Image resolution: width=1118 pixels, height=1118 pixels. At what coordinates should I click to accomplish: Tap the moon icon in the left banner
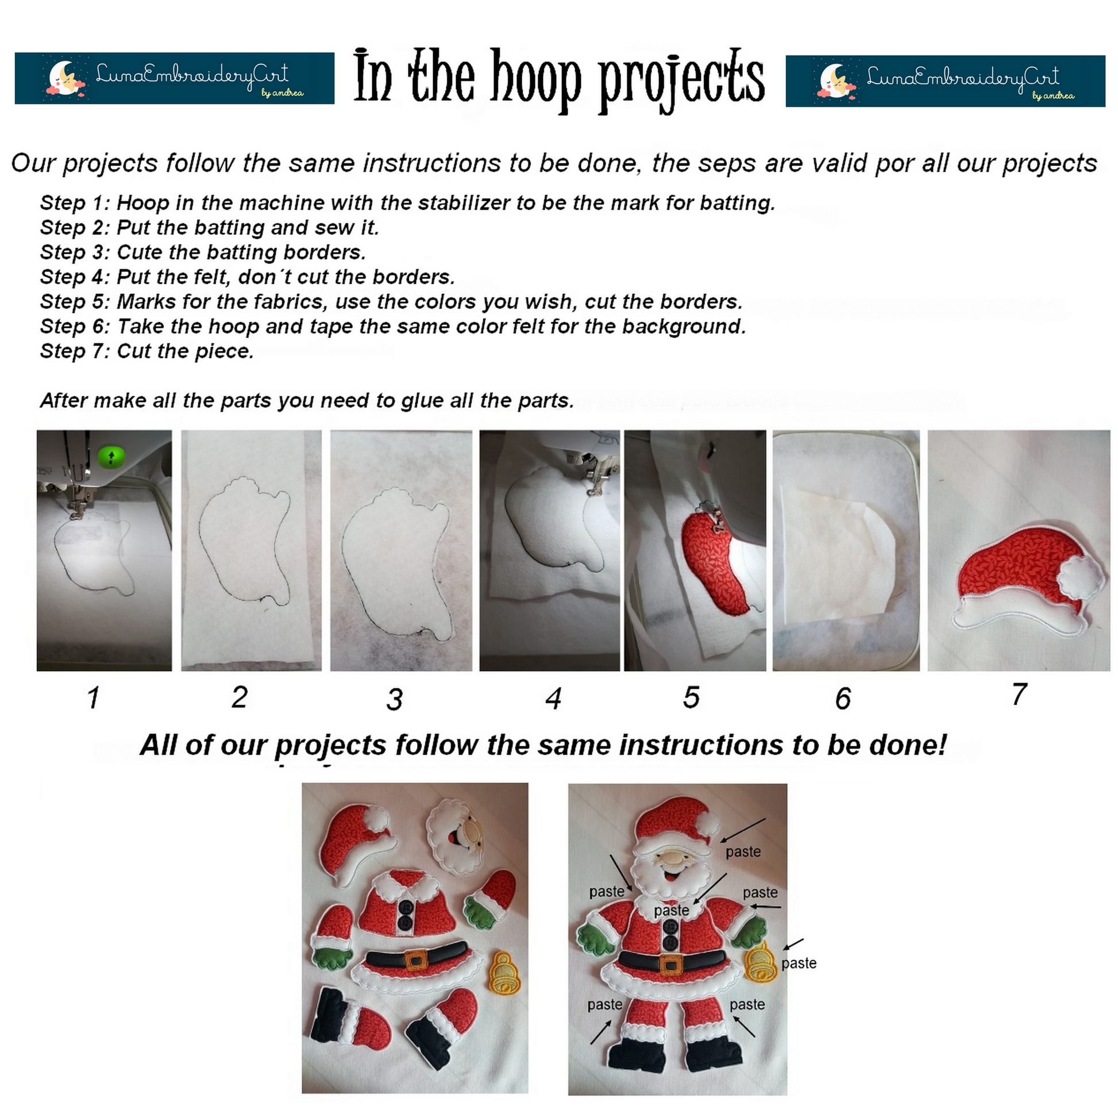click(x=63, y=78)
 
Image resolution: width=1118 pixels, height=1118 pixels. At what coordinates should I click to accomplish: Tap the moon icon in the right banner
click(x=834, y=81)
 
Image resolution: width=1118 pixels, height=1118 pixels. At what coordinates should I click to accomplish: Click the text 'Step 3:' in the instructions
click(x=75, y=252)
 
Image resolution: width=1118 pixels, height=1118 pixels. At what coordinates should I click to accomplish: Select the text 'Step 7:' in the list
click(x=75, y=351)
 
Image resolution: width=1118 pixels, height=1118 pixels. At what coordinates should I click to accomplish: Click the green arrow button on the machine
click(x=111, y=457)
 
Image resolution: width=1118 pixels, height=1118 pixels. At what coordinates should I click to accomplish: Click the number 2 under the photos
click(x=240, y=697)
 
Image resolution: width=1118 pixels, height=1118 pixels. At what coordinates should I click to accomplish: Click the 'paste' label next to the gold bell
click(x=799, y=963)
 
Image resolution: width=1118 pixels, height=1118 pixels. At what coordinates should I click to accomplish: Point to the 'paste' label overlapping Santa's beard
click(x=671, y=910)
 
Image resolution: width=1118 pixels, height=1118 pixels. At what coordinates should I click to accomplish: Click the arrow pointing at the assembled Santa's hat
click(x=743, y=830)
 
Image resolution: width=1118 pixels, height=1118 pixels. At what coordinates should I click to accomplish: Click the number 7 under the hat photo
click(x=1019, y=694)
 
